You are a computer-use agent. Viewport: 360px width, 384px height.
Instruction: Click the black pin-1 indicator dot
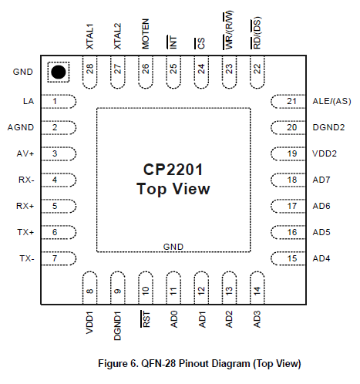coord(59,72)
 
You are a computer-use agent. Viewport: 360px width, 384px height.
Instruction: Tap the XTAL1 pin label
coord(89,36)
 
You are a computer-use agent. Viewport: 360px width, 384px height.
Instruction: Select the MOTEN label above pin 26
coord(146,34)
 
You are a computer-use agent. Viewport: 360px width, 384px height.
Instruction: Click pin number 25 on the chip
coord(173,69)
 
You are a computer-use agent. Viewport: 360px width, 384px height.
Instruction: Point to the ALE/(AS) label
coord(331,101)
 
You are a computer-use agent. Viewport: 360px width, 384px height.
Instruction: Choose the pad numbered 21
coord(288,101)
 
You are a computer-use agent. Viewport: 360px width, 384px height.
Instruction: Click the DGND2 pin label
coord(328,127)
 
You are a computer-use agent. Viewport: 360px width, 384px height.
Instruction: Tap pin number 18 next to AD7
coord(292,180)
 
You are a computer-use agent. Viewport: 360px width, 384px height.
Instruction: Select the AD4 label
coord(321,258)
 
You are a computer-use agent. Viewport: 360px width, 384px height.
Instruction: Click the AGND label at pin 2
coord(21,127)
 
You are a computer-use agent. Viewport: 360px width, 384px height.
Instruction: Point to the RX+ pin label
coord(25,206)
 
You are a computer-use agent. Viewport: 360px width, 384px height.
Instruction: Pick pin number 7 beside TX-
coord(55,258)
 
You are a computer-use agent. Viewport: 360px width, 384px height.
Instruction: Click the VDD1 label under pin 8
coord(89,323)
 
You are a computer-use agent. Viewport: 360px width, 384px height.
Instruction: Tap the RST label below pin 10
coord(146,319)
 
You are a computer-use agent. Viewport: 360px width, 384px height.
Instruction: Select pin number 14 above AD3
coord(257,291)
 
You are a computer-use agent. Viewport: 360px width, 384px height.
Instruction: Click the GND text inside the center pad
coord(173,247)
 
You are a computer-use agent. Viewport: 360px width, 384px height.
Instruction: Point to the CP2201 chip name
coord(173,170)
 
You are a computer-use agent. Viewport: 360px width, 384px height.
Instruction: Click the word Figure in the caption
coord(113,364)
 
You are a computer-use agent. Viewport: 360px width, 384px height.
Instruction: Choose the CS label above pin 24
coord(200,43)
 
